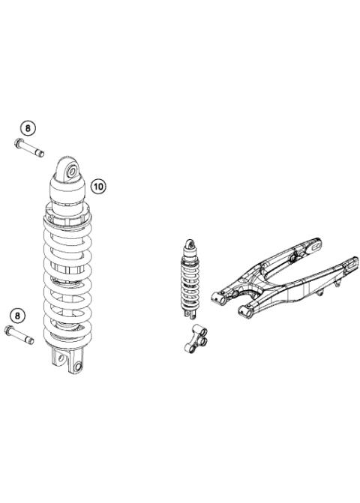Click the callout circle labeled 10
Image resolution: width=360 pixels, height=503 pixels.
[99, 184]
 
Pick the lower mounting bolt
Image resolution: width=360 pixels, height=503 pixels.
[21, 334]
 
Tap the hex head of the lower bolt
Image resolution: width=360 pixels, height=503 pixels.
[10, 331]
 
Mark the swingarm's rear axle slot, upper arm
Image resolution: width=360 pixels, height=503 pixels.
[316, 245]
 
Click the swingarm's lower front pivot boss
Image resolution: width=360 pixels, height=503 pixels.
[244, 307]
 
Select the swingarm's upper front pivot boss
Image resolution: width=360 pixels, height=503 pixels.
[218, 297]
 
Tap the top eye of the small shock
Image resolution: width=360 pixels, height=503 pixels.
[190, 244]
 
